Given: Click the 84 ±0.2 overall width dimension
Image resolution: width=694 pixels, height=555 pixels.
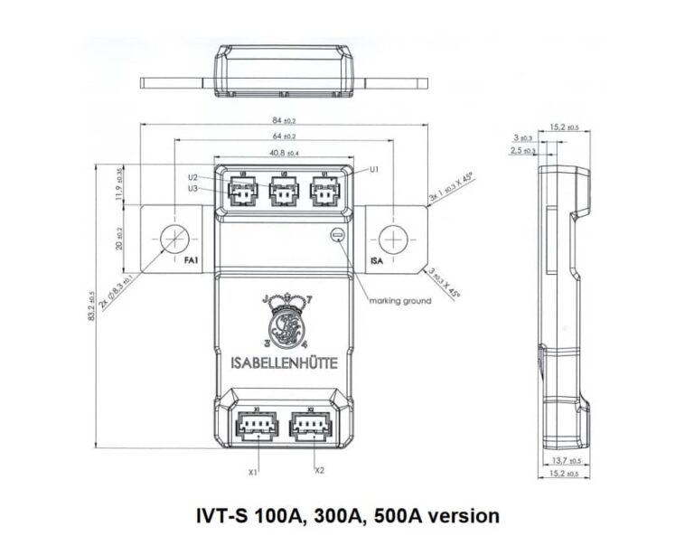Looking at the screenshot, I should (284, 119).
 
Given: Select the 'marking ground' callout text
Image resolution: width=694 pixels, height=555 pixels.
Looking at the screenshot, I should (400, 300).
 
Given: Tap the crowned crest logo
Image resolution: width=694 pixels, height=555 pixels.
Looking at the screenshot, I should (284, 321).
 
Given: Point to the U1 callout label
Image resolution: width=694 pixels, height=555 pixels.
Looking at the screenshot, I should (374, 169).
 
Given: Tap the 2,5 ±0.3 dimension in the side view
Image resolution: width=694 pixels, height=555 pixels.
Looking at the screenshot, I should (516, 151).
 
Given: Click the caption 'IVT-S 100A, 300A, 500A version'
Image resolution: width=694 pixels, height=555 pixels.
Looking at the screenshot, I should (346, 516).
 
